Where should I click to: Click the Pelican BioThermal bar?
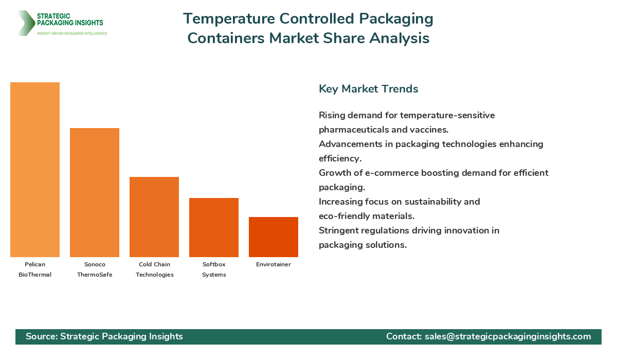point(35,170)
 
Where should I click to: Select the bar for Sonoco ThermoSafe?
point(95,192)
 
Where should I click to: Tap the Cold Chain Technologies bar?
point(154,217)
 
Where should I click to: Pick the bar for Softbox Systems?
point(214,227)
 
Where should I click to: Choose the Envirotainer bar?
point(274,237)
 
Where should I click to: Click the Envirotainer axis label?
point(274,264)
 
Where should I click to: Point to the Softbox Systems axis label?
point(214,269)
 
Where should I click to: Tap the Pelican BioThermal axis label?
point(35,269)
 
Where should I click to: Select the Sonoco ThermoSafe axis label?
point(95,269)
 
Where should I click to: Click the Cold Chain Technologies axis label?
point(154,269)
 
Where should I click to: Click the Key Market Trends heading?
point(368,89)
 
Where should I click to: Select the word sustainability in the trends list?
point(434,202)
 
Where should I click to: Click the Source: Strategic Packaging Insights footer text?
point(104,336)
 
